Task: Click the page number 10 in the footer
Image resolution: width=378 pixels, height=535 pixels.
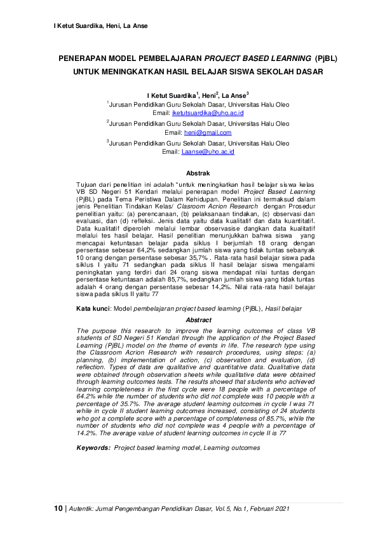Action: [x=58, y=508]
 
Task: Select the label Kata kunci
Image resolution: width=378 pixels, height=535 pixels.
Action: [x=93, y=308]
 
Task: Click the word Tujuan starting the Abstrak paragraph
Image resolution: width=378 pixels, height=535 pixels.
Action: [x=87, y=183]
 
